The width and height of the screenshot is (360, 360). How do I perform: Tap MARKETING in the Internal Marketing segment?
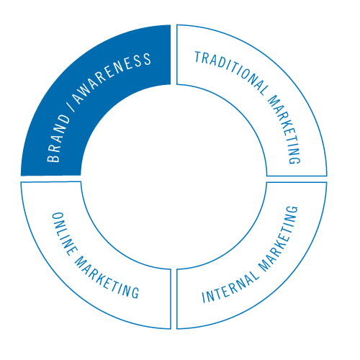279,239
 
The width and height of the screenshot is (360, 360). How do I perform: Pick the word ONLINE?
64,234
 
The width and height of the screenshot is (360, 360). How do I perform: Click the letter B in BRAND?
53,157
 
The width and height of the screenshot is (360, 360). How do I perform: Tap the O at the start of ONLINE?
58,217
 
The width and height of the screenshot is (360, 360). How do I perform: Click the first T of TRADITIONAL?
198,57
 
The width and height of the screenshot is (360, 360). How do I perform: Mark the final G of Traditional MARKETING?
294,159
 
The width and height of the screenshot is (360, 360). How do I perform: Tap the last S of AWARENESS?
146,59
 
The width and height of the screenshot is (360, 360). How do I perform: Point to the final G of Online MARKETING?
135,292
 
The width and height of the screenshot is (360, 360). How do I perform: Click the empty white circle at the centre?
174,177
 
